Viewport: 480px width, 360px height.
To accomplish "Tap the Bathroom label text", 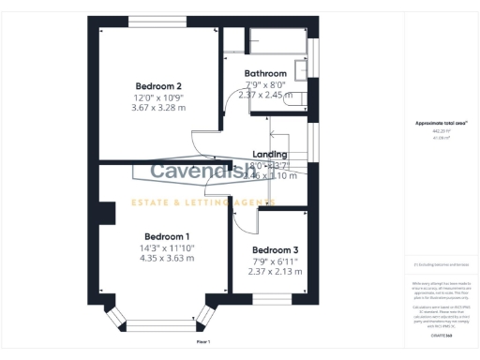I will (x=265, y=73).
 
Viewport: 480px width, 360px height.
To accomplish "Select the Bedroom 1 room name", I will (x=167, y=235).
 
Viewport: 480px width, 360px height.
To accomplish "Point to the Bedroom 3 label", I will (x=276, y=249).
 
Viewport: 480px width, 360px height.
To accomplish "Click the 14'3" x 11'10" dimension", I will (x=167, y=247).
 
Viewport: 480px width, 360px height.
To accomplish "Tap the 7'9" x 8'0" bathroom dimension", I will (x=265, y=83).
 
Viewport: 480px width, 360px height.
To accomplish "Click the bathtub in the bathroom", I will (x=277, y=40).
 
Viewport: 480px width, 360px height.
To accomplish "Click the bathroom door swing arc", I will (x=236, y=105).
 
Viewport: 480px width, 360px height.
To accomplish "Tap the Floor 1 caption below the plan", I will (x=203, y=342).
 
